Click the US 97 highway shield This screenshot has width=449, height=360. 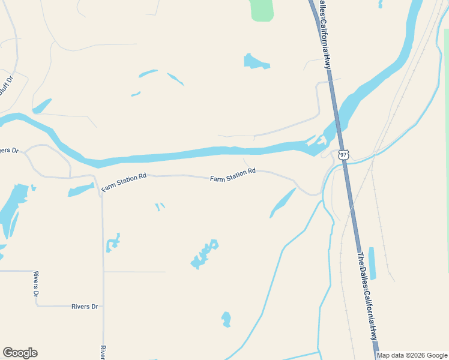tap(343, 155)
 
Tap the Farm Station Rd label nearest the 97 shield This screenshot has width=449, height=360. tap(233, 175)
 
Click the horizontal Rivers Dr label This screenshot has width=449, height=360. tap(85, 307)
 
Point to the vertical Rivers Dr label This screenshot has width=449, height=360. tap(36, 284)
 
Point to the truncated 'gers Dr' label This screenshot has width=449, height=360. tap(10, 151)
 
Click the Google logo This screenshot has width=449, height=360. tap(20, 353)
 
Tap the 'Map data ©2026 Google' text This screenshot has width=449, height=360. tap(412, 355)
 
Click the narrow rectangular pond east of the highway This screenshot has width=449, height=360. tap(372, 263)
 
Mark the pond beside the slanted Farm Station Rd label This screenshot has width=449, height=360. tap(81, 191)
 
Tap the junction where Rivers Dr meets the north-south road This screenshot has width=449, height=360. tap(103, 307)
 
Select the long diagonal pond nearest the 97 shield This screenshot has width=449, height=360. tap(283, 203)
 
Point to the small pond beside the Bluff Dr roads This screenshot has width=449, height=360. tap(41, 107)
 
